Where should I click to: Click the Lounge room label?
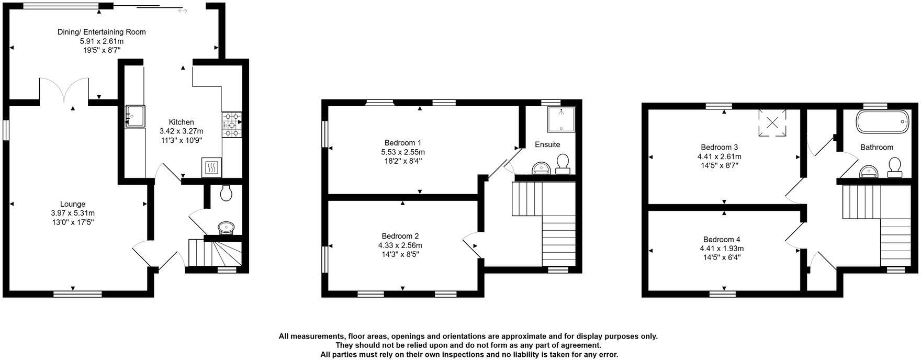click(73, 204)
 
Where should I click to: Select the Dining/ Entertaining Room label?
click(102, 32)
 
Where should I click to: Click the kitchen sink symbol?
click(134, 116)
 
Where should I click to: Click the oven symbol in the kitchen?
click(211, 167)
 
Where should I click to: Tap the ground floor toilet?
click(227, 194)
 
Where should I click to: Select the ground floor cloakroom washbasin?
click(226, 227)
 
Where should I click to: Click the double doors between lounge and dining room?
click(64, 91)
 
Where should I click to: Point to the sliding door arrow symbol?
click(182, 10)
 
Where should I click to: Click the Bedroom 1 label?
click(402, 142)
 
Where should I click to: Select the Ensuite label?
click(547, 144)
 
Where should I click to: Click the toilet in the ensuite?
click(563, 164)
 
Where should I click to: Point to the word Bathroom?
click(877, 147)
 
